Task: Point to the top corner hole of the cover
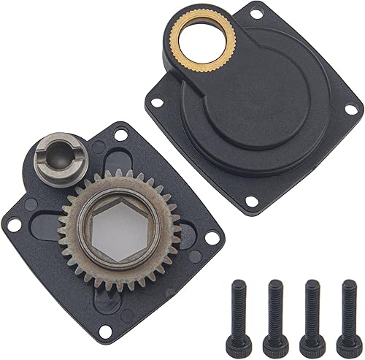coord(256,13)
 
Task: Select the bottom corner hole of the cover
coord(252,200)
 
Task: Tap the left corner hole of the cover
coord(155,102)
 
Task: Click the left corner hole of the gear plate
coord(13,225)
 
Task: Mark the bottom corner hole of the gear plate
coord(105,332)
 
